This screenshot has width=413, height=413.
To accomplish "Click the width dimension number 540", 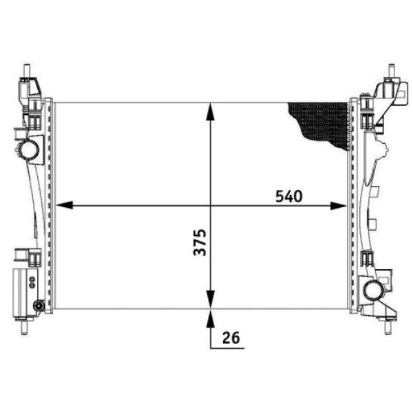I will [289, 196].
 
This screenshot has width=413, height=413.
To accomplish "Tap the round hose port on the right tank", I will [374, 290].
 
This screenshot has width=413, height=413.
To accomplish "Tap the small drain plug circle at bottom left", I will [38, 305].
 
